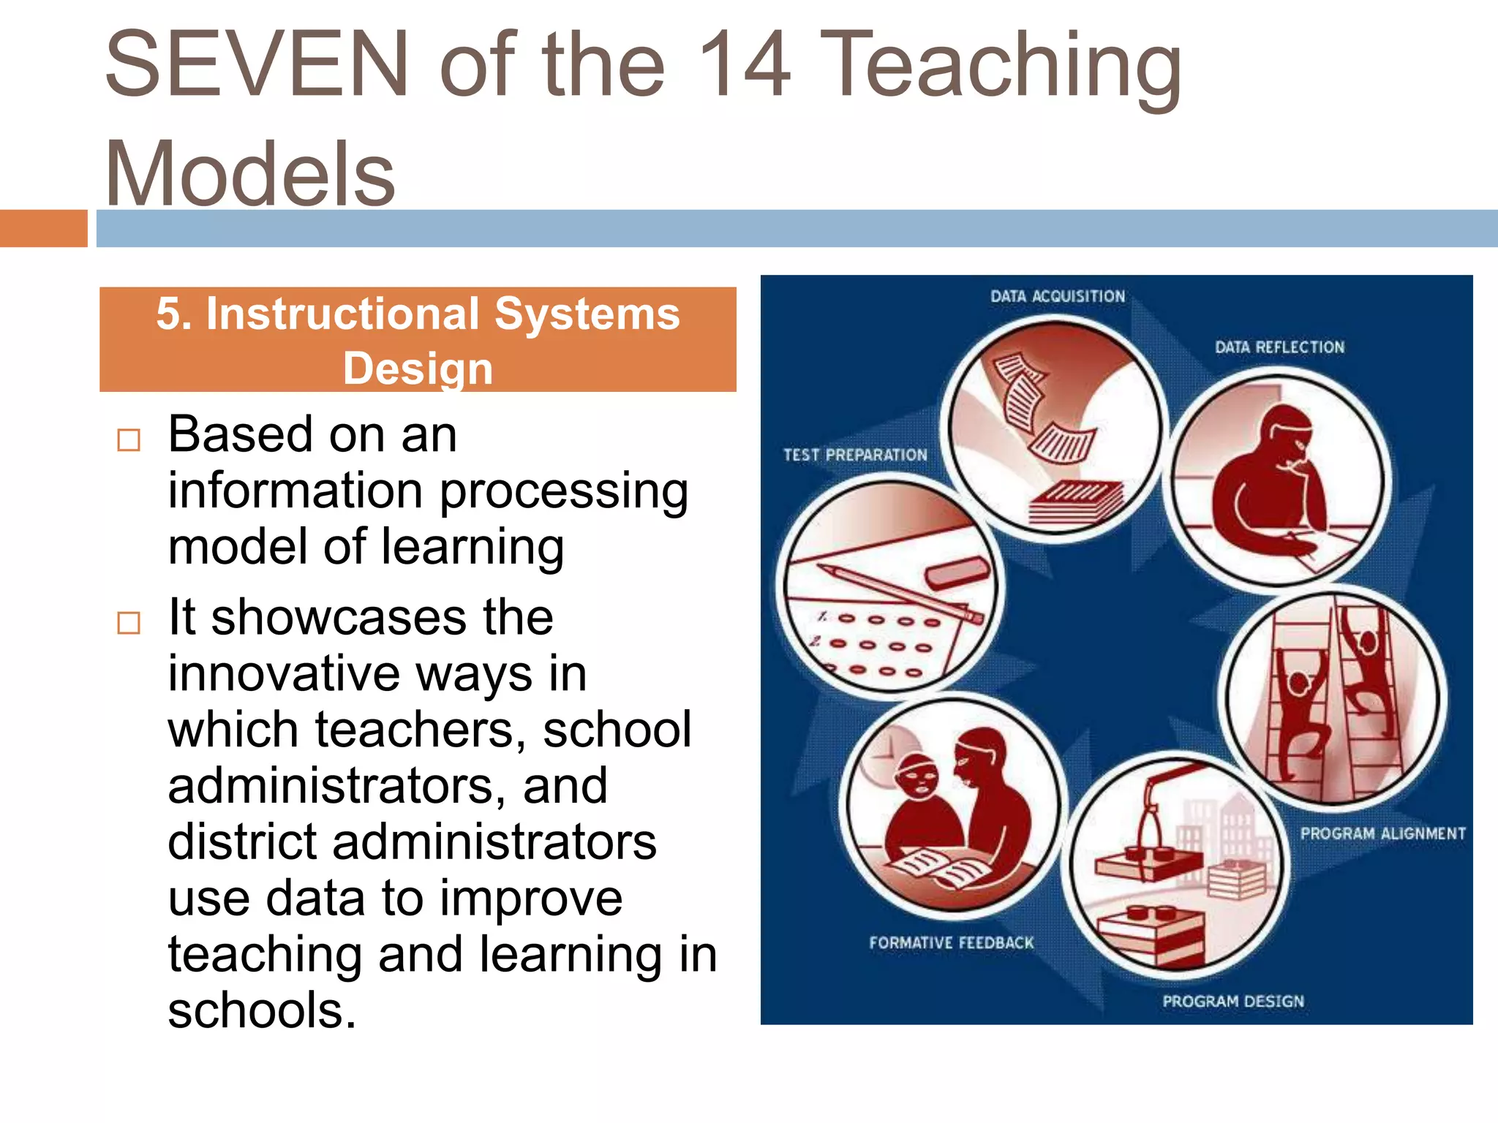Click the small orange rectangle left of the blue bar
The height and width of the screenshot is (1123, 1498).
(43, 228)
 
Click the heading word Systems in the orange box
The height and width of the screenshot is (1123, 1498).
(587, 314)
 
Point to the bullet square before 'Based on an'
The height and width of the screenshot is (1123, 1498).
(129, 440)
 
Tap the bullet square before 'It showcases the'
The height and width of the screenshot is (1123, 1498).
(129, 623)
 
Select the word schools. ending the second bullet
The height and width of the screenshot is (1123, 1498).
(262, 1010)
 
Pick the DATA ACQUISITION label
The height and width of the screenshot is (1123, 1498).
(1058, 296)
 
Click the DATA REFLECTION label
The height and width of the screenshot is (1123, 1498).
(1279, 347)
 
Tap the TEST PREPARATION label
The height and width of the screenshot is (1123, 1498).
(855, 455)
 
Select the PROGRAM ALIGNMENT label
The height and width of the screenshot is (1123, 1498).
(1382, 833)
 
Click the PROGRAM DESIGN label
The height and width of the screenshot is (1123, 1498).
(1233, 1001)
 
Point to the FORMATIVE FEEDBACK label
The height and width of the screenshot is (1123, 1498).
(951, 943)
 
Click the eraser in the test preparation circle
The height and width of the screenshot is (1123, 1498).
(957, 572)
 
